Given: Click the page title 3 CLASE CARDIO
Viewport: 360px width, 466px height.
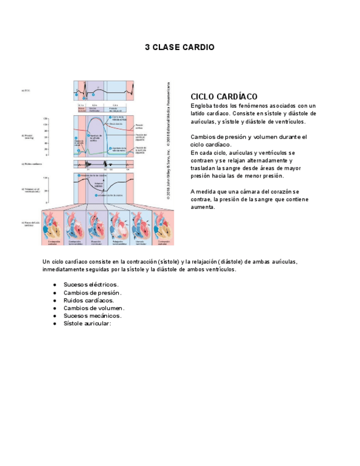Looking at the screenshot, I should (179, 47).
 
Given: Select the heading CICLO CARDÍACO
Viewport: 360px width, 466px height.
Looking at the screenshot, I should (224, 97).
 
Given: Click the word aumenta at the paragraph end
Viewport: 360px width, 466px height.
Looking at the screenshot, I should (203, 208).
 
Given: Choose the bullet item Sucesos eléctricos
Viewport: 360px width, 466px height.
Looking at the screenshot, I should (91, 285).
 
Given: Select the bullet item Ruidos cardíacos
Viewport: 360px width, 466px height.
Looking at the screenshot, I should (88, 301).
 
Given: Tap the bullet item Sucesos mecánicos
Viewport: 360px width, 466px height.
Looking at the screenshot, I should (92, 316).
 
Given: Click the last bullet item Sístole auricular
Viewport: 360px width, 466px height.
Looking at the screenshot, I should (87, 324).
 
